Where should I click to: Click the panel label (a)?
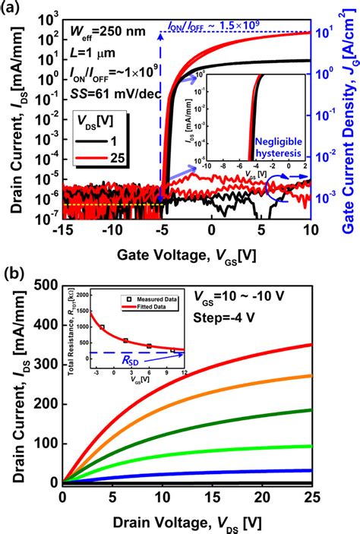click(14, 10)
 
